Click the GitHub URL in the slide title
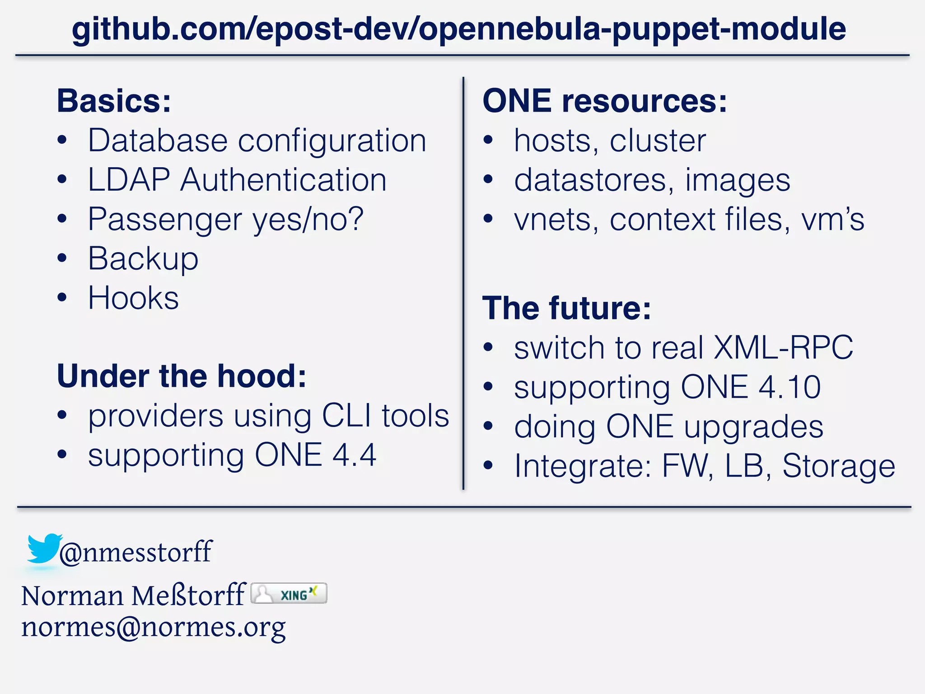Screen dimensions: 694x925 (459, 29)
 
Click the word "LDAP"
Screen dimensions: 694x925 (129, 180)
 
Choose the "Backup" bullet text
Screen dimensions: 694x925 (143, 259)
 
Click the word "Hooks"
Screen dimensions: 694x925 (133, 298)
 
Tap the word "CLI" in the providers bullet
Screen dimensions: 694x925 (346, 415)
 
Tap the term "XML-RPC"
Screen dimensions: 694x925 (783, 347)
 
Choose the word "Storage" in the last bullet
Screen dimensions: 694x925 (838, 466)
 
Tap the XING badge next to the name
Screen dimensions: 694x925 (289, 594)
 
